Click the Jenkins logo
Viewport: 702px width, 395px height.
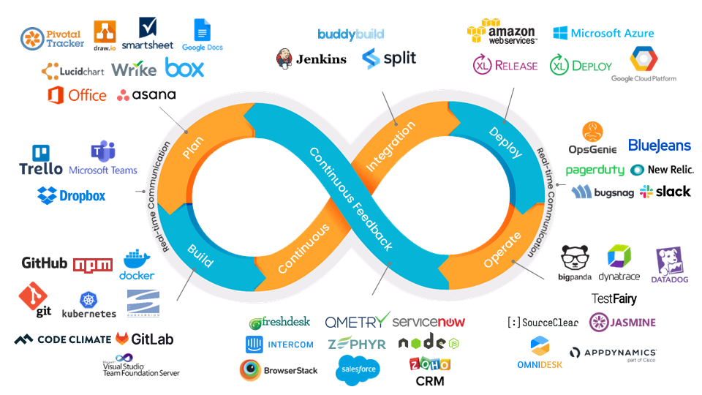311,59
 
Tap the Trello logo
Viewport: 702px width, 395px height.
40,161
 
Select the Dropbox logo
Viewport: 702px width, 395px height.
71,195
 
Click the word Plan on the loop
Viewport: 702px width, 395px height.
194,146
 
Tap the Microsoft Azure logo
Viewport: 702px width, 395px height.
603,33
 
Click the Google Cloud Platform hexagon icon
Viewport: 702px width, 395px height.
643,59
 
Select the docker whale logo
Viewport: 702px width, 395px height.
137,265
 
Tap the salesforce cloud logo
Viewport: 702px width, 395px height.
358,370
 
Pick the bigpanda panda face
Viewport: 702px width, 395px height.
575,260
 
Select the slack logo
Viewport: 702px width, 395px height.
665,192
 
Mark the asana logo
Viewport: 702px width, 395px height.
146,95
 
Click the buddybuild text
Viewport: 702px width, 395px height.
350,34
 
